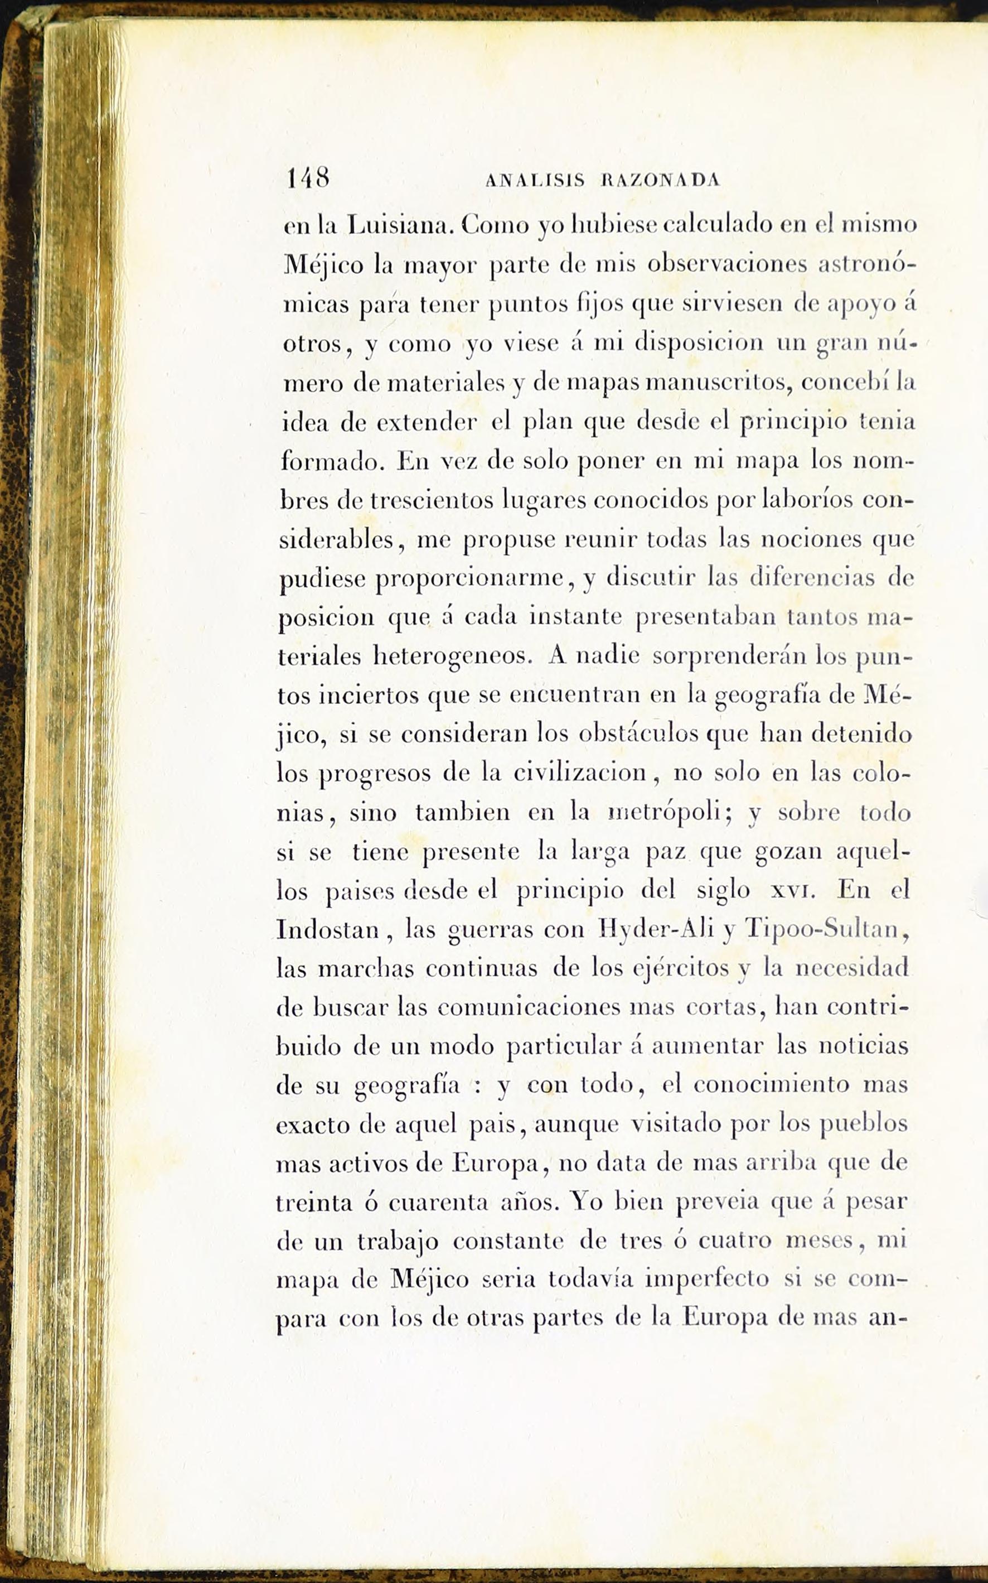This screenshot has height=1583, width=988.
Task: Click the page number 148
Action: [x=308, y=177]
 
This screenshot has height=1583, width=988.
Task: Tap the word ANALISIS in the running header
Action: [x=535, y=180]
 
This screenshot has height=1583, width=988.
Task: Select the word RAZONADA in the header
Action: [x=660, y=180]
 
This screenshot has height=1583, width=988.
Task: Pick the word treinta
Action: [x=314, y=1203]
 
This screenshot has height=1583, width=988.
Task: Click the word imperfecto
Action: [x=706, y=1280]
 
